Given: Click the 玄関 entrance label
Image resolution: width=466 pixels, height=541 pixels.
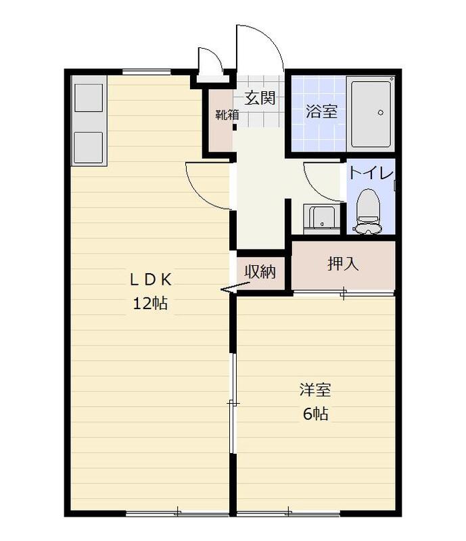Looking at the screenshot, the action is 260,98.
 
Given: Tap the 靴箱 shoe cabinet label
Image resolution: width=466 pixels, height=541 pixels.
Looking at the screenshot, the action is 227,114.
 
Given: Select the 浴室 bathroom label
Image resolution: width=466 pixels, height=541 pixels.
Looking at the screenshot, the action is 321,112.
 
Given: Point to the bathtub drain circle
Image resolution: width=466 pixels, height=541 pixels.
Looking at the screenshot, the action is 381,112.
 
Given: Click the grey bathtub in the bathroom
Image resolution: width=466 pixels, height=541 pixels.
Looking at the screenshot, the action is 371,114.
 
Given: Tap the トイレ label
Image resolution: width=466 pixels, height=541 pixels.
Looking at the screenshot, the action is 371,173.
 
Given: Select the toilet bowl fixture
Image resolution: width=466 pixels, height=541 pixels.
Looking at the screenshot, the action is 369,211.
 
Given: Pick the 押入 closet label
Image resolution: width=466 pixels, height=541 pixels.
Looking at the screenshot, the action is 343,264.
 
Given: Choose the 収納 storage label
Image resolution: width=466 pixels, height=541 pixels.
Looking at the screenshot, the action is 260,272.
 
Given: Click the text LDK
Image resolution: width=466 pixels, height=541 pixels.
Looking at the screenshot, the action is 151,279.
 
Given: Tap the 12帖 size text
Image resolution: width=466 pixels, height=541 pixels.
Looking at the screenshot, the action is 151,303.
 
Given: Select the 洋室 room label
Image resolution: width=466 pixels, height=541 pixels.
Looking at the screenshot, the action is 315,390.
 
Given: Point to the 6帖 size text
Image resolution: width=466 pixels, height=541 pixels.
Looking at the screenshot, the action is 315,413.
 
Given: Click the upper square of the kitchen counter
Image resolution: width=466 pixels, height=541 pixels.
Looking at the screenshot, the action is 89,97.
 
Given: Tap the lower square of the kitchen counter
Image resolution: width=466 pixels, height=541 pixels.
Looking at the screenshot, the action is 89,147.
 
